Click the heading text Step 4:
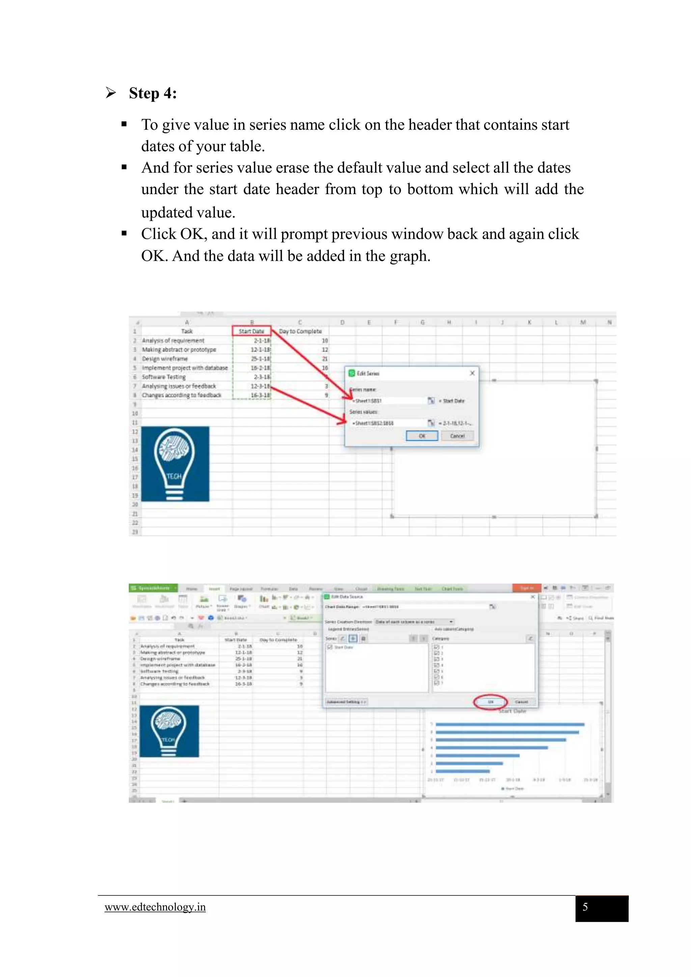coord(153,93)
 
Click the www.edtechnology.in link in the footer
coord(155,907)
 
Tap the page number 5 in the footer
coord(585,907)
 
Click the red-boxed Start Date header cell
coord(251,331)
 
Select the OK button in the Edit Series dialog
coord(421,436)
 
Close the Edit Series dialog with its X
coord(472,373)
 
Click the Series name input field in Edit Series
coord(387,401)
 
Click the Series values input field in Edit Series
coord(387,423)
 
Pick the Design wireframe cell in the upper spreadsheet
coord(165,359)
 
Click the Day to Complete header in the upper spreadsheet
coord(300,331)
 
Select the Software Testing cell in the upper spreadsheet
coord(164,377)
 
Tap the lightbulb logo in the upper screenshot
coord(175,464)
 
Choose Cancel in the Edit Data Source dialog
coord(521,702)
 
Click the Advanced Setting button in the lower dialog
coord(346,702)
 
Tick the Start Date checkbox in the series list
coord(330,647)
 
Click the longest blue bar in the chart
coord(509,724)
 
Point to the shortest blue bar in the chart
coord(462,771)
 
